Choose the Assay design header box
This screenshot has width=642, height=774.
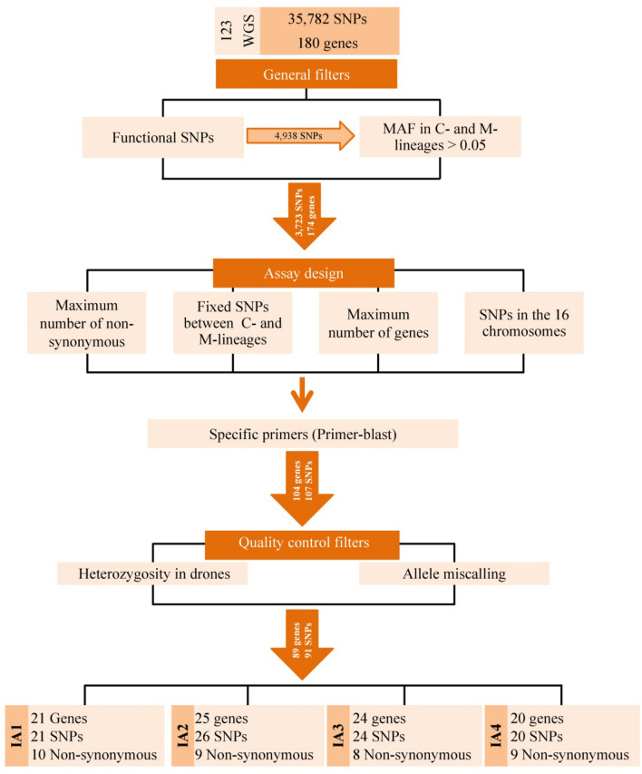pos(303,272)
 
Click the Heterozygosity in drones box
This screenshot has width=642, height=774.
pos(151,573)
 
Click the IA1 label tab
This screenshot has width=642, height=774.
pos(15,730)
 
